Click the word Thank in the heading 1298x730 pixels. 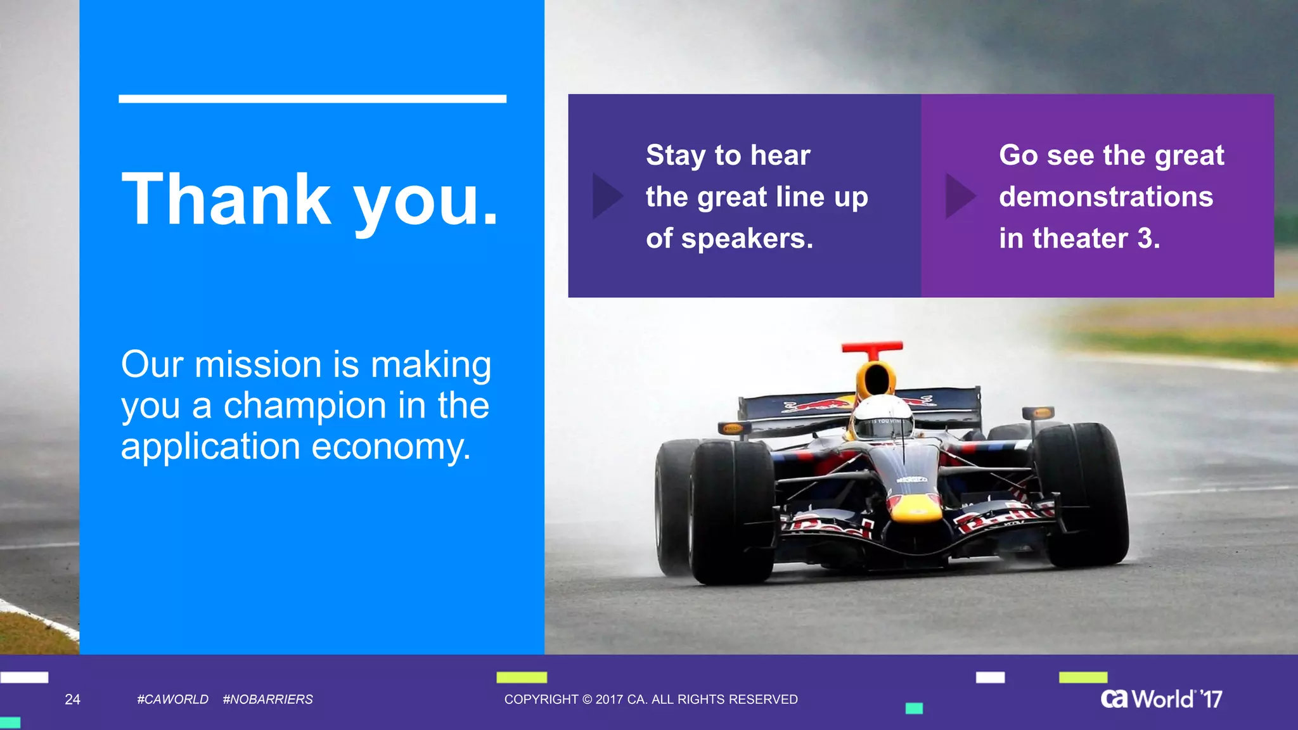226,200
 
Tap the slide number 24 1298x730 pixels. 72,700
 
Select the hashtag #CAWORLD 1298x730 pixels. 172,700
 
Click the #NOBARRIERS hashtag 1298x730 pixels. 267,700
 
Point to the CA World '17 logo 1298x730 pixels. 1161,699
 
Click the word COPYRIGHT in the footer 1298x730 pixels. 541,700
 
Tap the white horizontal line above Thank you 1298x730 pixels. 312,99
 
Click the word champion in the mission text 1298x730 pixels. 305,406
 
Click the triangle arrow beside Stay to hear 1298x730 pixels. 605,196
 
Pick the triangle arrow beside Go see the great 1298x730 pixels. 958,196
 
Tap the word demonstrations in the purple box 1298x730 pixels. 1105,197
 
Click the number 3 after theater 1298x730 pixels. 1145,239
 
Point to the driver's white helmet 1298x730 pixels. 882,418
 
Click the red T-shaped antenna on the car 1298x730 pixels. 872,349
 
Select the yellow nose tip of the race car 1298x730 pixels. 916,508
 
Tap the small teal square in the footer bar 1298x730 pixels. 914,708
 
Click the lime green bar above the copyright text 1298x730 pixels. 521,677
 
